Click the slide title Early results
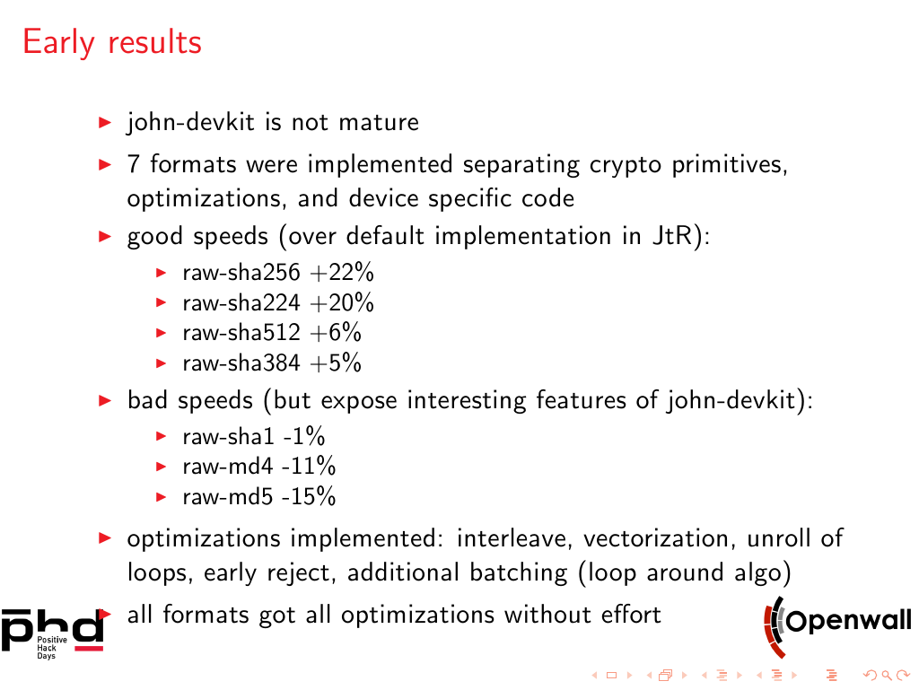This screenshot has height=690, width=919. pyautogui.click(x=112, y=43)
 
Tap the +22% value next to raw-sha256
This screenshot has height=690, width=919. pyautogui.click(x=342, y=273)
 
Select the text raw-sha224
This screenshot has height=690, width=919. pyautogui.click(x=241, y=302)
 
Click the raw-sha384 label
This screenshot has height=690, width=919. pyautogui.click(x=241, y=363)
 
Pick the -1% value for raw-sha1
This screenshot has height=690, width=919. pyautogui.click(x=303, y=436)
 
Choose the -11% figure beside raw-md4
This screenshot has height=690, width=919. pyautogui.click(x=309, y=467)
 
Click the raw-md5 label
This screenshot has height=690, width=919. pyautogui.click(x=227, y=497)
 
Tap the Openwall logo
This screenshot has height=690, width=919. pyautogui.click(x=837, y=625)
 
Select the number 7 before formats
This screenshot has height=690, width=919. pyautogui.click(x=134, y=164)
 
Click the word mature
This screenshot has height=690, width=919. pyautogui.click(x=379, y=122)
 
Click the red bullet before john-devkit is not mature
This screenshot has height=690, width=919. pyautogui.click(x=106, y=122)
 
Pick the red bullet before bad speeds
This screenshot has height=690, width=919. pyautogui.click(x=106, y=401)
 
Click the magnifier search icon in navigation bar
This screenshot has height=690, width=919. pyautogui.click(x=887, y=676)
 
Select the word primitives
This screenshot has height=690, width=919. pyautogui.click(x=730, y=164)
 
